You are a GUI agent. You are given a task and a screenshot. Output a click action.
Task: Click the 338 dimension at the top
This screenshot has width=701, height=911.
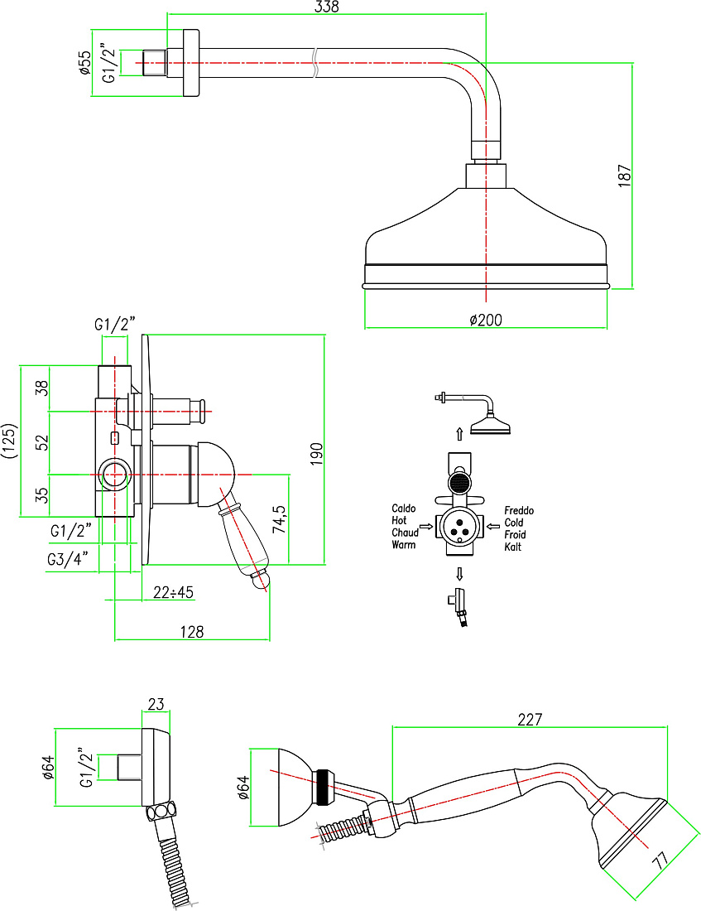326,7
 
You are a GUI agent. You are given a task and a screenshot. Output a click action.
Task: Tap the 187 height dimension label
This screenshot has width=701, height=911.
624,176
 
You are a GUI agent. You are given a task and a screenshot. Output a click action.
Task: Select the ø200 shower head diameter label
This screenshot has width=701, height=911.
486,320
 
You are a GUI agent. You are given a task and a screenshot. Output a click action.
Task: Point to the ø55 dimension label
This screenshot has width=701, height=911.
84,63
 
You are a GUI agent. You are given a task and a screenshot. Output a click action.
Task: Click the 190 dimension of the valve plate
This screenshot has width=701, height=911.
316,454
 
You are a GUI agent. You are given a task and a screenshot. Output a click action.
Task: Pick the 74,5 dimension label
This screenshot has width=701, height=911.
280,518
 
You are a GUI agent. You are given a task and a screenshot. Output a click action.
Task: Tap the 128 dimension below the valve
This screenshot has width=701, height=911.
192,632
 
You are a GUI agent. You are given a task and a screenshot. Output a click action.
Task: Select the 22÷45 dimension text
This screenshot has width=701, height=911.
173,592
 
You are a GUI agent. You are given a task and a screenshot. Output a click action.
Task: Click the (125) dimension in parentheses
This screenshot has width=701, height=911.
9,441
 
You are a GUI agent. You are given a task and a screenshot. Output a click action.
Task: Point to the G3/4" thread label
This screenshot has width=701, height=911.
68,559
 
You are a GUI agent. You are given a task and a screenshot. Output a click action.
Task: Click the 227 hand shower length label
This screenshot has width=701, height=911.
530,719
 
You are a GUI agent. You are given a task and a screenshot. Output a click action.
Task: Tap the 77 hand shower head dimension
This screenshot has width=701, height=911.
660,860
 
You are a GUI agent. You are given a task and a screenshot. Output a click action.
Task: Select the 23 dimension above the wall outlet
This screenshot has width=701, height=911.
156,704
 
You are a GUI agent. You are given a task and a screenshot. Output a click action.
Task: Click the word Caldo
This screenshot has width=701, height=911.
404,509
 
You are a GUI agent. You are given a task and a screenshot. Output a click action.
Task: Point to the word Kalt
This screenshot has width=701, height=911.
513,547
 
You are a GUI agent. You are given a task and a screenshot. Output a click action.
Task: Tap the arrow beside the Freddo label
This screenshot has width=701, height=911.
493,527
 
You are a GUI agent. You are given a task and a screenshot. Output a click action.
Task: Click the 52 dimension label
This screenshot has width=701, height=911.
42,443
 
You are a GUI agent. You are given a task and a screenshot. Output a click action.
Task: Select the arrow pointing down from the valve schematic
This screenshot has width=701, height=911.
459,574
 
